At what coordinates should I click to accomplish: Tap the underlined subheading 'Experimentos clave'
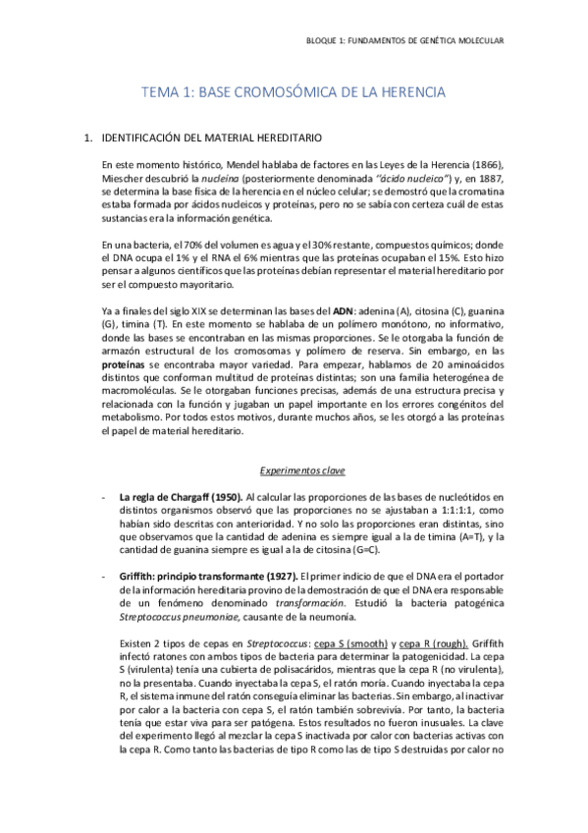coord(294,470)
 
